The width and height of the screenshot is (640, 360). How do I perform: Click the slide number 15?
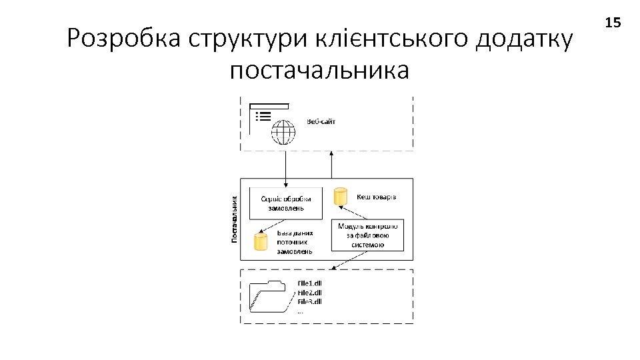coord(613,23)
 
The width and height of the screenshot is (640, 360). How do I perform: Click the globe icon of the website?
coord(283,131)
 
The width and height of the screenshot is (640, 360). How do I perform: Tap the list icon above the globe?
coord(263,115)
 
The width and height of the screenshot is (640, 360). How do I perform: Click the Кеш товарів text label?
coord(377,197)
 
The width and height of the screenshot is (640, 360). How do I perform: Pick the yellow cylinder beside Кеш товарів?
coord(341,197)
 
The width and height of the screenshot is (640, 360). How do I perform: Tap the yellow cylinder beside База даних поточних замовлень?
coord(261,241)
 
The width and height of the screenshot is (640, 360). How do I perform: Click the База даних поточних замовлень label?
coord(295,243)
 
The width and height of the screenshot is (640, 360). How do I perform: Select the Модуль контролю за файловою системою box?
coord(367,235)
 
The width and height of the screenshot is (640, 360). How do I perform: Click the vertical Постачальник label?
coord(235,219)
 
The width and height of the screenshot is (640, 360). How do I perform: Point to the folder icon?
coord(270,296)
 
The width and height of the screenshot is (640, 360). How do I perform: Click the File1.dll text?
coord(309,283)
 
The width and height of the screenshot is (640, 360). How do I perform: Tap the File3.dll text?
coord(309,301)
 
